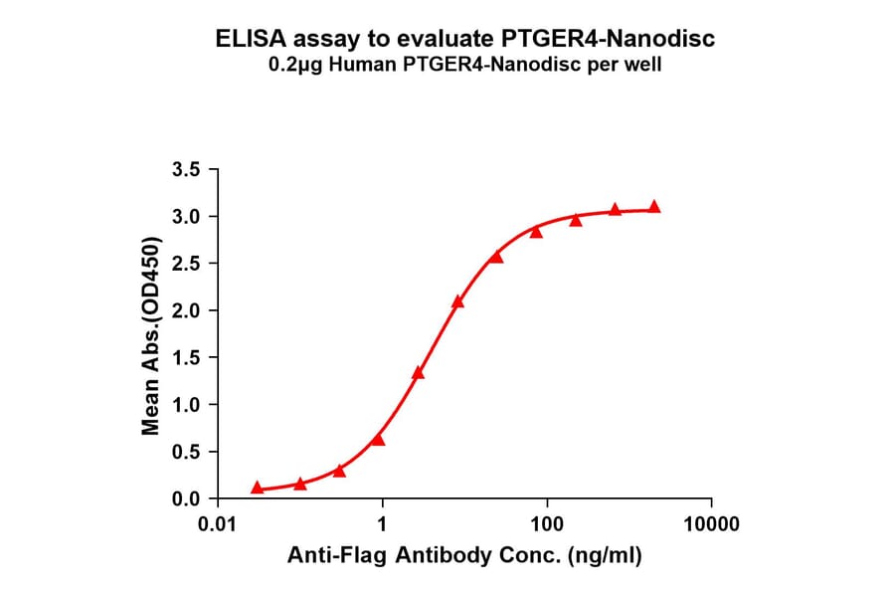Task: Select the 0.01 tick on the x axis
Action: pos(218,524)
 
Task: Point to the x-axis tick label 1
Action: pos(382,524)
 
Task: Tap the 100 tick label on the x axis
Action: pos(546,524)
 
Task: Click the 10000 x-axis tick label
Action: pos(710,524)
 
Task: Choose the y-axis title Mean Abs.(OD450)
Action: pos(151,335)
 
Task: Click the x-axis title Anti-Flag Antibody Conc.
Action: pos(464,556)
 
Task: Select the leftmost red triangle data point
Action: pos(258,488)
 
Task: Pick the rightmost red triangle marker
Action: pos(654,207)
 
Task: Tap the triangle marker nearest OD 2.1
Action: pos(457,301)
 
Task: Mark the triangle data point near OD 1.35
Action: pos(419,372)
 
